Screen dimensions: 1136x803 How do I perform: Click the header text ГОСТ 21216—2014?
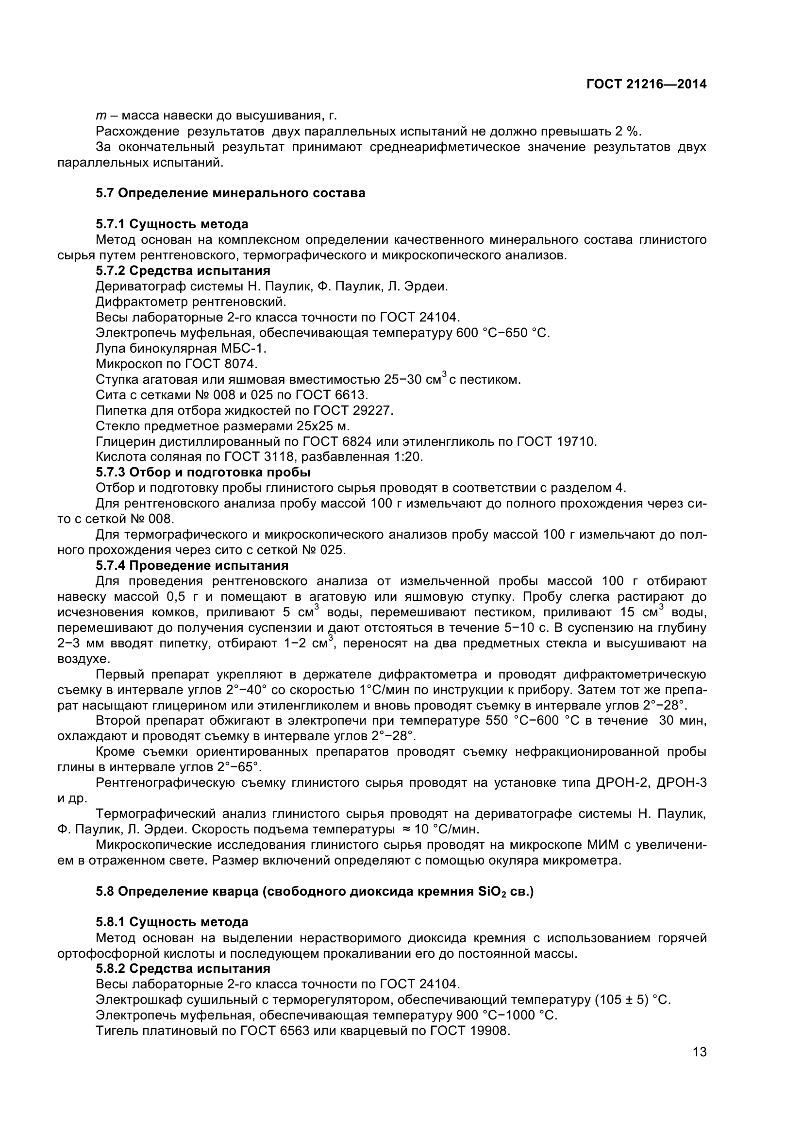(x=646, y=84)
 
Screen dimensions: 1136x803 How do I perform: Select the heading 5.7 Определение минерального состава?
(x=231, y=193)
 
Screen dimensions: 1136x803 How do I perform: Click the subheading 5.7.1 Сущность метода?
(x=171, y=224)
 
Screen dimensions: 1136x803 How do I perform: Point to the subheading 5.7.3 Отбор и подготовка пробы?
(x=203, y=472)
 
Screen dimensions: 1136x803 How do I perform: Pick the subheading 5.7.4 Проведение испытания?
(x=192, y=565)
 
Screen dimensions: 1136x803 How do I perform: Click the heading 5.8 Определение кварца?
(x=315, y=892)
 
